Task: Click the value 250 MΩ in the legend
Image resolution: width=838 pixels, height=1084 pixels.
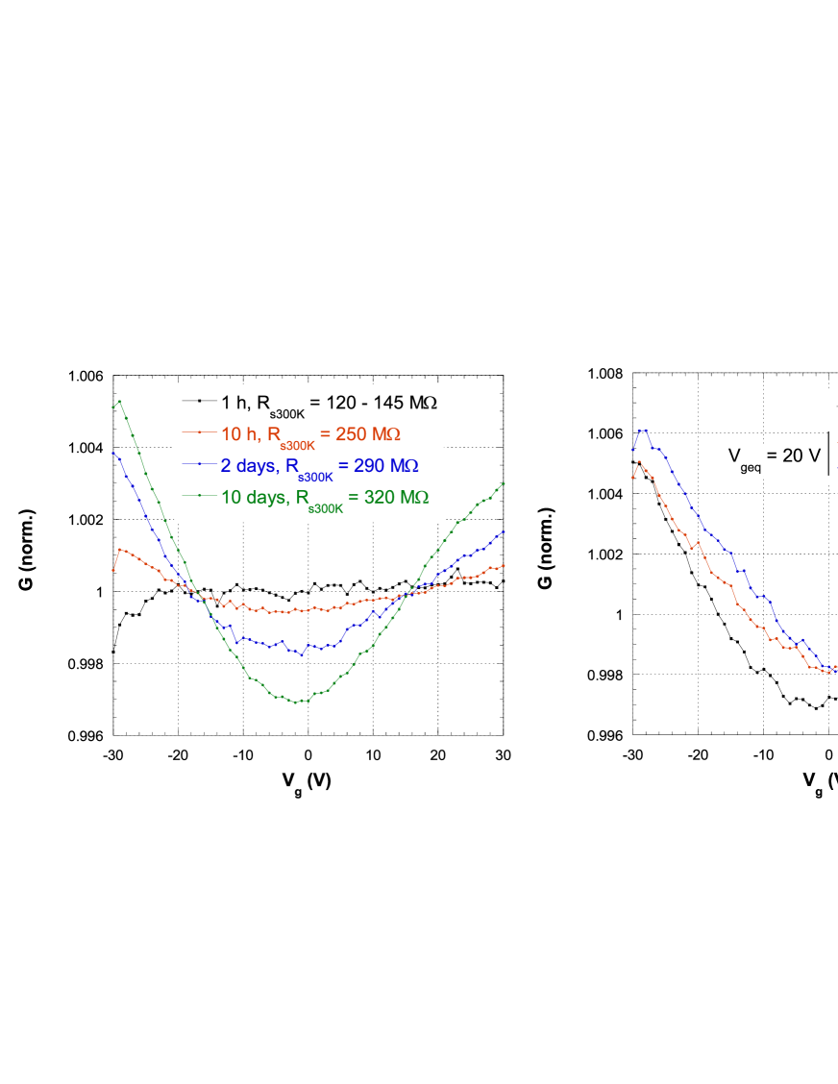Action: [368, 433]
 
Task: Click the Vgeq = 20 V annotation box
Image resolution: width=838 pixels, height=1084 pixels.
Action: [775, 457]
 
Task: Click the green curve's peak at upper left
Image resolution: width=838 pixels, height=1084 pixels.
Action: [119, 401]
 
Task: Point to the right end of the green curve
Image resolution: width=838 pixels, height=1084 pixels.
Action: [505, 483]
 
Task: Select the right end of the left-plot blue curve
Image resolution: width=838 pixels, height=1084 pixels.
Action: [505, 530]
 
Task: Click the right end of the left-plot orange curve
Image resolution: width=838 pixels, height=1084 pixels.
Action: [505, 565]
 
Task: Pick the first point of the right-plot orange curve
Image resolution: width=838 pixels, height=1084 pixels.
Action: [631, 477]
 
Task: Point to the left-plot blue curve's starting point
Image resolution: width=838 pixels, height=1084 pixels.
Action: [113, 452]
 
